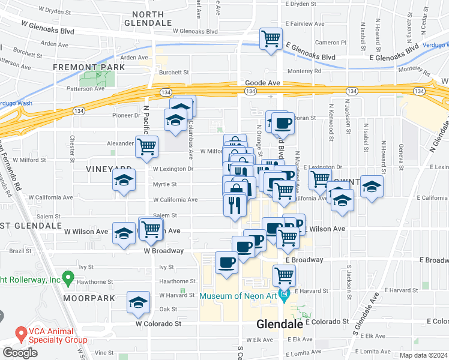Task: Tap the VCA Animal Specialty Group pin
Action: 21,332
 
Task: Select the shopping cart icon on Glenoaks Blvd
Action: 271,39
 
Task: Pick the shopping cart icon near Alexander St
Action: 146,146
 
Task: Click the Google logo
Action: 20,353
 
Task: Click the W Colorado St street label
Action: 158,323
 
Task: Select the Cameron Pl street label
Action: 331,43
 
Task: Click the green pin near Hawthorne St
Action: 68,278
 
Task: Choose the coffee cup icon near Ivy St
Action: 226,262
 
